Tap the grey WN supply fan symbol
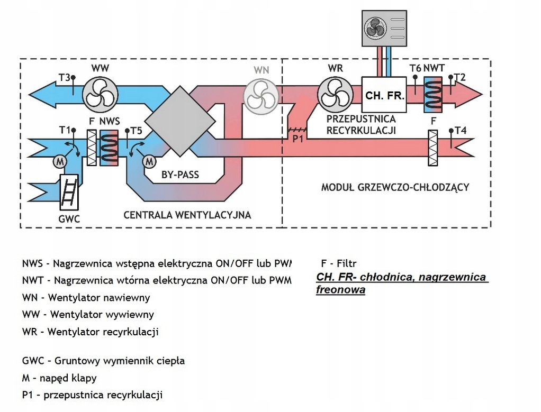click(260, 96)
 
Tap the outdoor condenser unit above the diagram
click(385, 29)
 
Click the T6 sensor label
click(415, 68)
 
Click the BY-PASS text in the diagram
click(180, 175)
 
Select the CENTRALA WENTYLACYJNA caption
click(187, 215)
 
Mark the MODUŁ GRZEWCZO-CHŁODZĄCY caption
click(395, 187)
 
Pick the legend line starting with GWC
click(103, 361)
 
